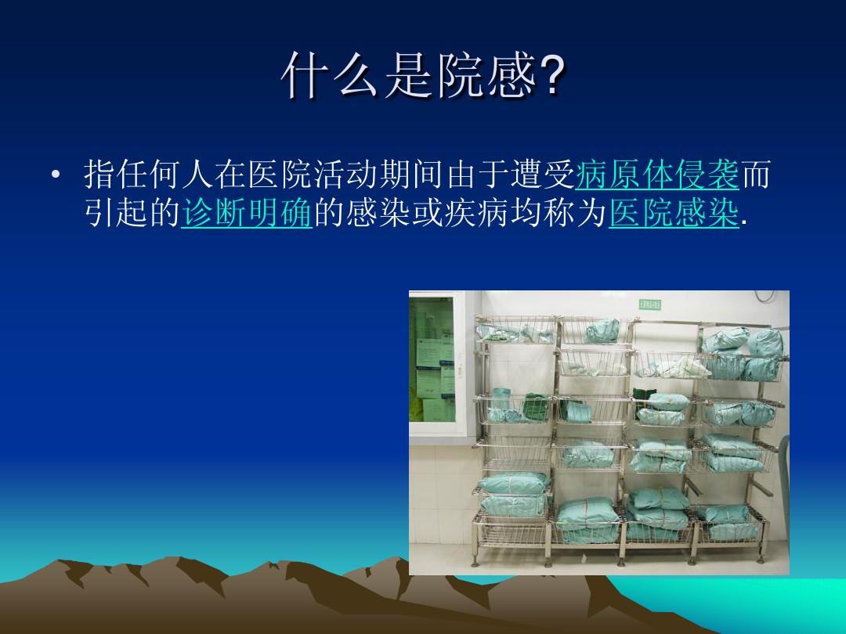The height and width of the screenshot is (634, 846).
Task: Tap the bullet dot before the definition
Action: [x=55, y=177]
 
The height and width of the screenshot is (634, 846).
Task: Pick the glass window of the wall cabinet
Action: [x=432, y=360]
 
